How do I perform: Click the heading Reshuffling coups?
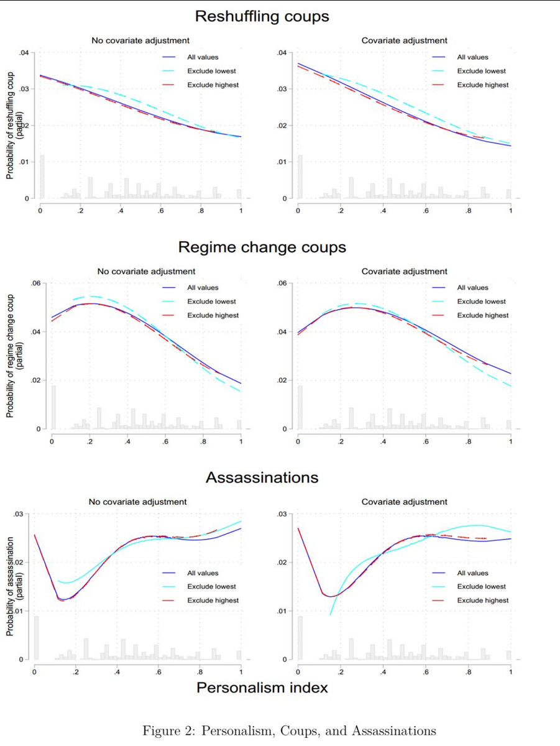(262, 17)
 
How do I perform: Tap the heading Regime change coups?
(262, 247)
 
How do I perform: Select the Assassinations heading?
(262, 477)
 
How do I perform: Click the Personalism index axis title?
(262, 688)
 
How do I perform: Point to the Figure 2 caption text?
(289, 730)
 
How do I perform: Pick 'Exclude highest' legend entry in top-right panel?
(482, 85)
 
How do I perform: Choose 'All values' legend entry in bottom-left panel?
(203, 573)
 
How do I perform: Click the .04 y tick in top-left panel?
(23, 53)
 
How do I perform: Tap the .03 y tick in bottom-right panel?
(283, 515)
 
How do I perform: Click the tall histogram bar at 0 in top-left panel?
(42, 177)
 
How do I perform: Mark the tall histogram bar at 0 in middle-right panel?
(300, 407)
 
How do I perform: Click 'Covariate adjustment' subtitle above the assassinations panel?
(404, 502)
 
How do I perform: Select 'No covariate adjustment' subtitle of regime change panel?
(146, 271)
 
